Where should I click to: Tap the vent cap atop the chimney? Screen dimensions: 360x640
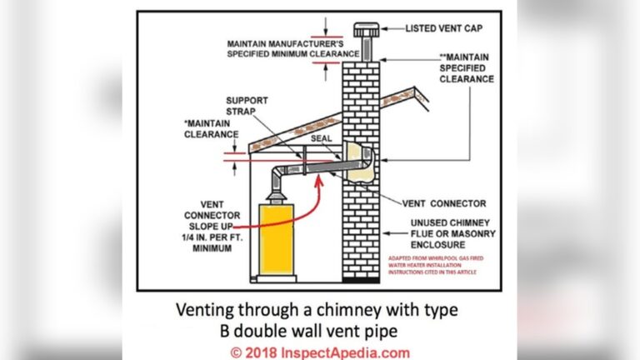(365, 30)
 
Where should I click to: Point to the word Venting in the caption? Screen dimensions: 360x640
(209, 310)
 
